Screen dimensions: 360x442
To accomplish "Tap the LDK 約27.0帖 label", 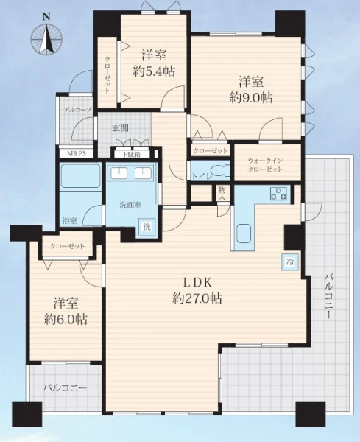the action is (x=197, y=291).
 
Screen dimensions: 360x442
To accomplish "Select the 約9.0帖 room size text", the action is (x=251, y=98).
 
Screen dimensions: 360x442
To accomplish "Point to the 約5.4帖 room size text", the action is (x=154, y=71).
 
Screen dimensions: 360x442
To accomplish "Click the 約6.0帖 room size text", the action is (x=66, y=320).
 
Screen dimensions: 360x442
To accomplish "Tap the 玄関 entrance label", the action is (x=121, y=128).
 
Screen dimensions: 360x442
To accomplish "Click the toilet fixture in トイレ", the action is (x=220, y=170).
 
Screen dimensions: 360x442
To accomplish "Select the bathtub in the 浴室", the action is (x=80, y=175).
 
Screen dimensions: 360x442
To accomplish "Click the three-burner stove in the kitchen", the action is (x=278, y=194).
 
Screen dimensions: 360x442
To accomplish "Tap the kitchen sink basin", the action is (x=244, y=234).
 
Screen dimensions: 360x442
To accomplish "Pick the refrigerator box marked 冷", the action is (x=289, y=262).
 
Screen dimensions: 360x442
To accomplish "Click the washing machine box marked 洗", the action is (x=147, y=226).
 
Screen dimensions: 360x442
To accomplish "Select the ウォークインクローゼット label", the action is (x=265, y=165).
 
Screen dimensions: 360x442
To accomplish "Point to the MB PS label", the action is (x=76, y=154).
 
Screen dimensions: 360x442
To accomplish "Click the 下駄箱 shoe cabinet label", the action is (x=132, y=155).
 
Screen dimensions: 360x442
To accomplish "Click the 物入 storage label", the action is (x=222, y=193).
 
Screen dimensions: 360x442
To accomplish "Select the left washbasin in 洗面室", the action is (x=119, y=172).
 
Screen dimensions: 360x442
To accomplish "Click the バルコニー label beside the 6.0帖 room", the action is (x=65, y=388).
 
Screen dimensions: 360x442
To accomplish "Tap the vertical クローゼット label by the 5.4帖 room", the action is (x=107, y=74).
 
